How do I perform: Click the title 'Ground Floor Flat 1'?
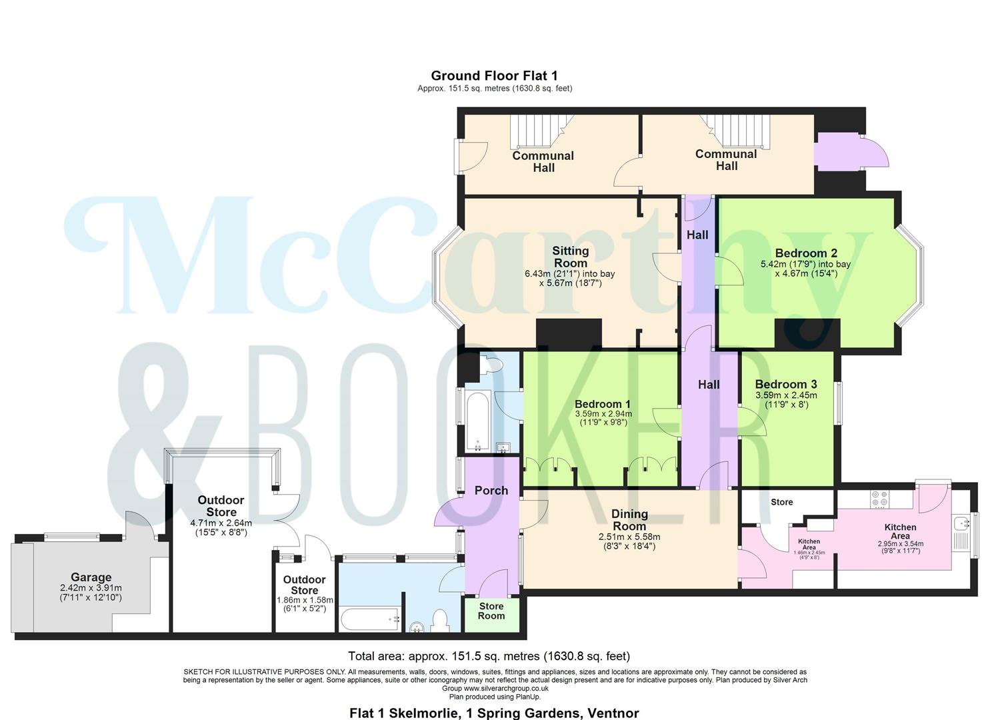click(494, 76)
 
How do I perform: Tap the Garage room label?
click(91, 577)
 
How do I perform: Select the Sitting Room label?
click(570, 257)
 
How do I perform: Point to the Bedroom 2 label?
click(805, 253)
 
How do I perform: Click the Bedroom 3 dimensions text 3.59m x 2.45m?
click(785, 395)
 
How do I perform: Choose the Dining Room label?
click(629, 520)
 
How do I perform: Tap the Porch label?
click(491, 491)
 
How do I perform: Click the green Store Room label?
click(491, 611)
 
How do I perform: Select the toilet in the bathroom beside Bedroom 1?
click(493, 365)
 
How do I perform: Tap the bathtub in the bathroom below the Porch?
click(370, 619)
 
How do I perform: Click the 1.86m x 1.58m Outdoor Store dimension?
click(304, 600)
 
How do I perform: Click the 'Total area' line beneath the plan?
click(489, 656)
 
